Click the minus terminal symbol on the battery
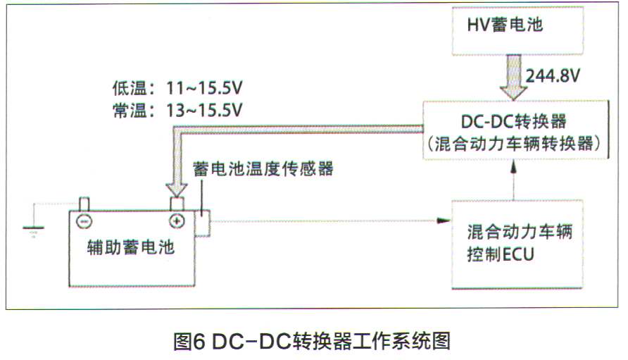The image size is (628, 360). point(83,221)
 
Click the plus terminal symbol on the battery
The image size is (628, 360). point(176,221)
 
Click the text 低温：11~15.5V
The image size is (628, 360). point(177,90)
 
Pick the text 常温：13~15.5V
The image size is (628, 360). point(177,111)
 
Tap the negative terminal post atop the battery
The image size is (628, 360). point(83,204)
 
